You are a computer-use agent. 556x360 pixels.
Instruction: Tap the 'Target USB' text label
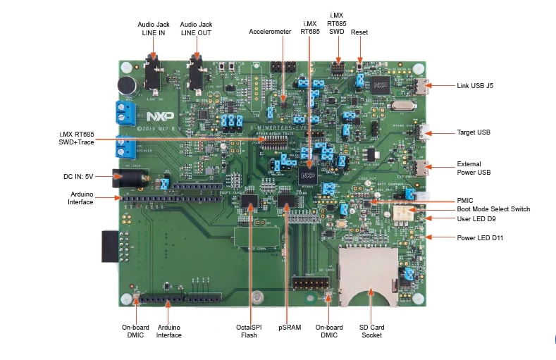click(x=474, y=132)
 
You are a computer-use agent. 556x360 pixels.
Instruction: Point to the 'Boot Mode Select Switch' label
click(x=493, y=209)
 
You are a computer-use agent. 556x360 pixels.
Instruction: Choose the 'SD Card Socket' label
click(x=372, y=331)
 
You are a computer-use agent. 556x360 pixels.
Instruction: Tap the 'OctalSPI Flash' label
click(x=249, y=331)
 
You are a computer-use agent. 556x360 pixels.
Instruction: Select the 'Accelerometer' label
click(x=270, y=32)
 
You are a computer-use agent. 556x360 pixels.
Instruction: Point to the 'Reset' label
click(x=359, y=32)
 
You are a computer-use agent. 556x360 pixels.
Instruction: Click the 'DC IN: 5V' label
click(x=79, y=176)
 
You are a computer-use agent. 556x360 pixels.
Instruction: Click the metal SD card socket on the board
click(x=366, y=275)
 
